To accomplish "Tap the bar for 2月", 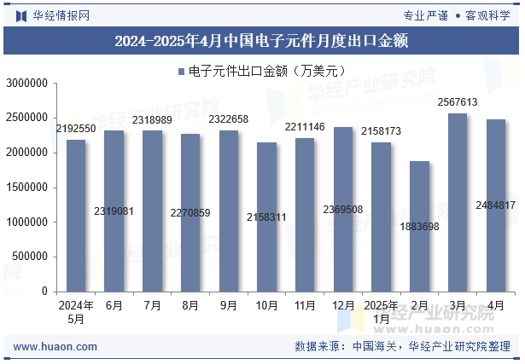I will [419, 227].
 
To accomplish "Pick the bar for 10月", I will [266, 217].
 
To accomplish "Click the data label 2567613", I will [458, 102].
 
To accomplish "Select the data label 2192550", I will [76, 129].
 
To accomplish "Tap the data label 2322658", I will [229, 119].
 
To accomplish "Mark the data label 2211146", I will [305, 127].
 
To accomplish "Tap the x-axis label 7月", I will [152, 305].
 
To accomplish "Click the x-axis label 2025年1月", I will [381, 312].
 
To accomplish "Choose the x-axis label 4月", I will [496, 305].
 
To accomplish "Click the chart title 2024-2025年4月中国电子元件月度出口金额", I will [262, 40].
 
